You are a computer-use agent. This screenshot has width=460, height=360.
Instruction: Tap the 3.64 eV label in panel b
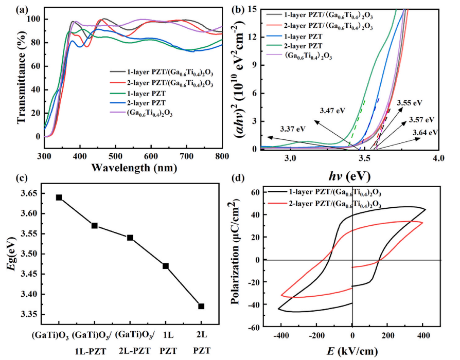(426, 133)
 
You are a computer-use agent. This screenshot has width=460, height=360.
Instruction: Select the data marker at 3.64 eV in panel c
(59, 197)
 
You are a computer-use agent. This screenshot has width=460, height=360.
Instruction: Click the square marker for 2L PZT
(201, 306)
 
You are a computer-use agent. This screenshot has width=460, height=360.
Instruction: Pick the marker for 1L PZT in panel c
(166, 266)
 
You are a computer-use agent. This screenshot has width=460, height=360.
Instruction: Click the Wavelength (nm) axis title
(133, 167)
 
